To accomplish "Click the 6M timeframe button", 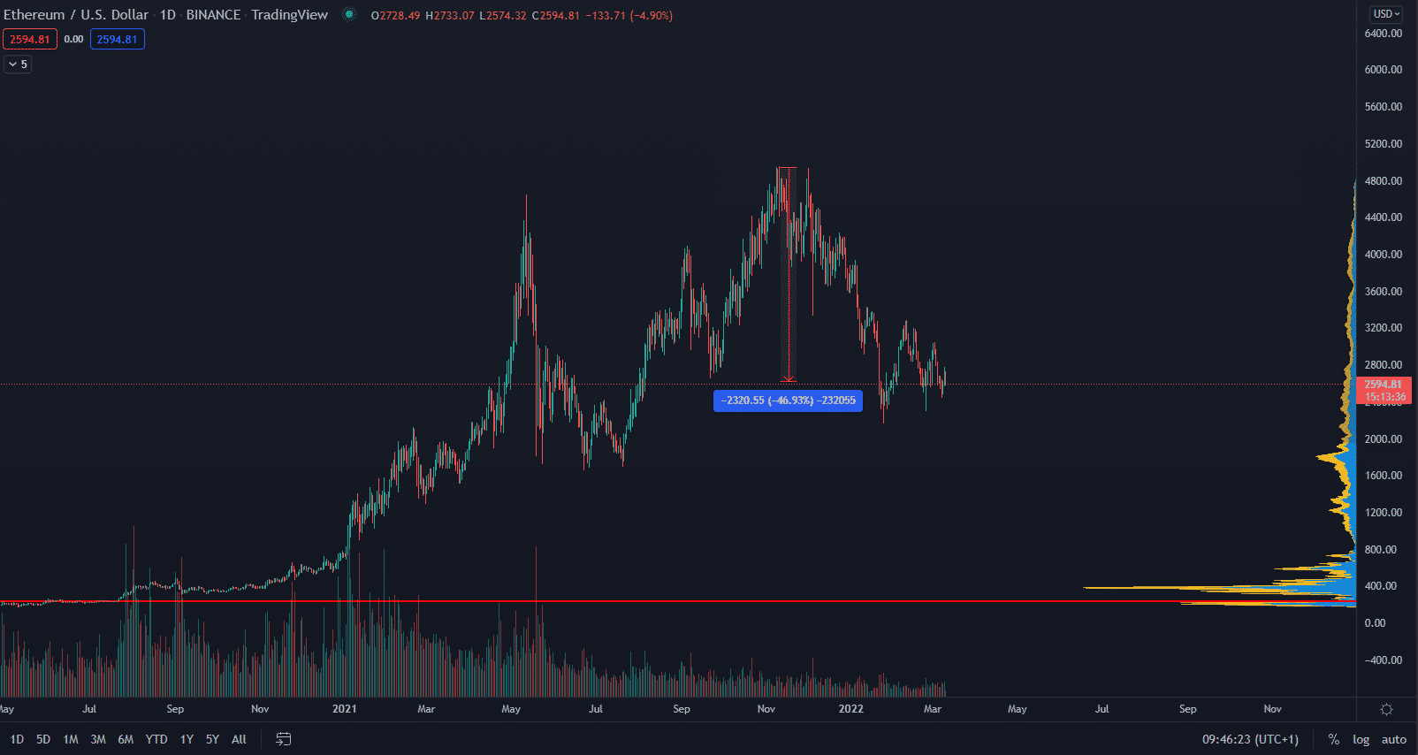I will click(x=126, y=739).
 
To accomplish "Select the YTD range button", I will click(x=156, y=739).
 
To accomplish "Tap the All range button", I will click(x=239, y=739).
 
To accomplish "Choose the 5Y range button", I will click(x=212, y=739).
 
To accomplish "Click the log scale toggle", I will click(x=1361, y=739).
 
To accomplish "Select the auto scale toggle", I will click(x=1393, y=739).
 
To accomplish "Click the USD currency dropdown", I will click(x=1386, y=14).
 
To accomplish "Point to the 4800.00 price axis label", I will click(x=1383, y=180).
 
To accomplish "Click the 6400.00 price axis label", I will click(x=1383, y=34).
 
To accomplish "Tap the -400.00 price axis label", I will click(x=1383, y=660).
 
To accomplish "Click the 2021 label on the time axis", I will click(x=344, y=709).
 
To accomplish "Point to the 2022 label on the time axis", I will click(x=850, y=709).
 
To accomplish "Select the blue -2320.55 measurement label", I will click(x=788, y=400).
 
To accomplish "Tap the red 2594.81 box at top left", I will click(x=30, y=39).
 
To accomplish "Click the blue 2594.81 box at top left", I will click(x=117, y=39).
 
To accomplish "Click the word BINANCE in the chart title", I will click(x=213, y=15).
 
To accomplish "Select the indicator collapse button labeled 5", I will click(x=18, y=64).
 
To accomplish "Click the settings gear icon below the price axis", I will click(x=1386, y=709).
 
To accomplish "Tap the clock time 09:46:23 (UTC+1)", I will click(x=1250, y=739).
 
